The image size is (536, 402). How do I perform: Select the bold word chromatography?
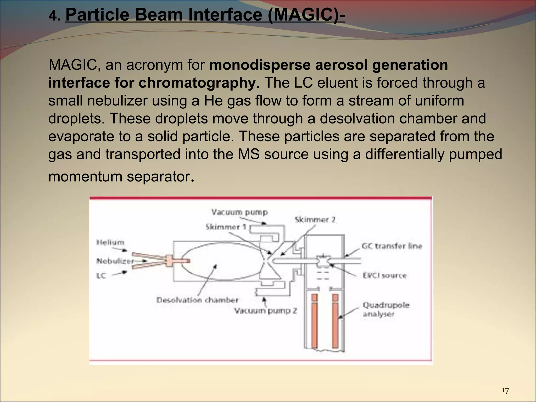(197, 83)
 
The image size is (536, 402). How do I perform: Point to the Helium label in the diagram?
(110, 242)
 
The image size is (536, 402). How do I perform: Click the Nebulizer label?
(115, 261)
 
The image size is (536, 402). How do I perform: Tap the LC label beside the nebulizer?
(101, 276)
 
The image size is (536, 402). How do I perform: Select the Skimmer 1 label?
(226, 227)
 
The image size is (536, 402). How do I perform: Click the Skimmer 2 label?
(315, 220)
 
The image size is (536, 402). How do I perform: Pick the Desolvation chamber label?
(197, 300)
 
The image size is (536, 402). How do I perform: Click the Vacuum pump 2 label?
(265, 311)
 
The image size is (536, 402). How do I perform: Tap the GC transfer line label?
(392, 246)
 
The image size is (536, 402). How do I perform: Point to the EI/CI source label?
(384, 275)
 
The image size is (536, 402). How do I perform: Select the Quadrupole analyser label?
(386, 309)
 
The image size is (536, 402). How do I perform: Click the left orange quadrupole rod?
(314, 321)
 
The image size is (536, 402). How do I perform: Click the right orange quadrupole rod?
(335, 321)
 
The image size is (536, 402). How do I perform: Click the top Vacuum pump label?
(239, 212)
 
